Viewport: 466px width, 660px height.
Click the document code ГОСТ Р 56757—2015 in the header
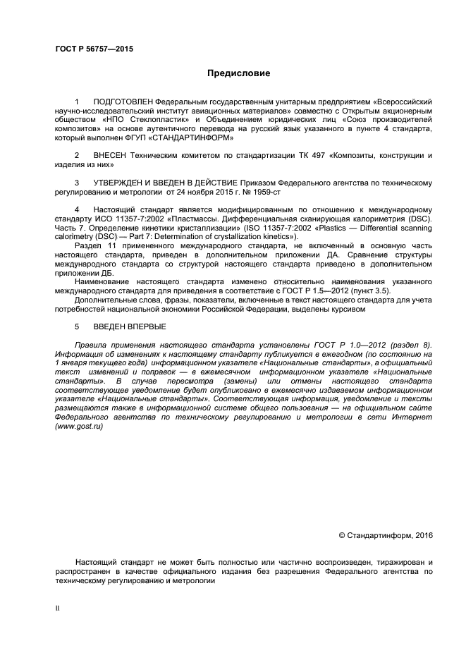[94, 49]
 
